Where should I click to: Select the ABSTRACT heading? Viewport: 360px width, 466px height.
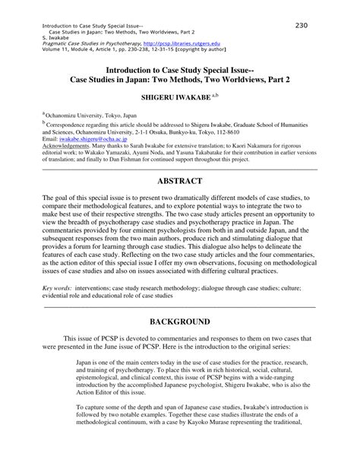coord(180,182)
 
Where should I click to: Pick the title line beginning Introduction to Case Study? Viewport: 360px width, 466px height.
coord(180,67)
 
